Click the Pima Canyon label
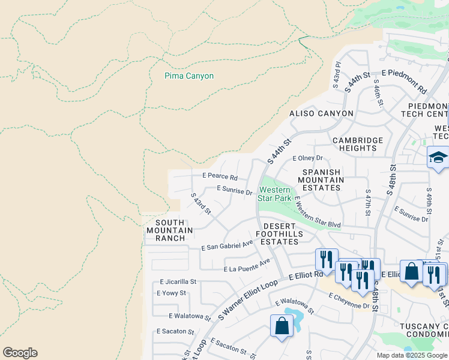(189, 76)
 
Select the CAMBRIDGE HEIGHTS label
(358, 145)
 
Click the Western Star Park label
(274, 193)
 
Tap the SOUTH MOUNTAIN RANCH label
(170, 230)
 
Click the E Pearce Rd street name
(220, 178)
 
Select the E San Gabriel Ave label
(228, 245)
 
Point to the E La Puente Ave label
(247, 266)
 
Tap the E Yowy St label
(171, 293)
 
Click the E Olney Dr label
(307, 158)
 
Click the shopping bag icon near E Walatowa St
(282, 327)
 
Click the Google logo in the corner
(20, 353)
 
